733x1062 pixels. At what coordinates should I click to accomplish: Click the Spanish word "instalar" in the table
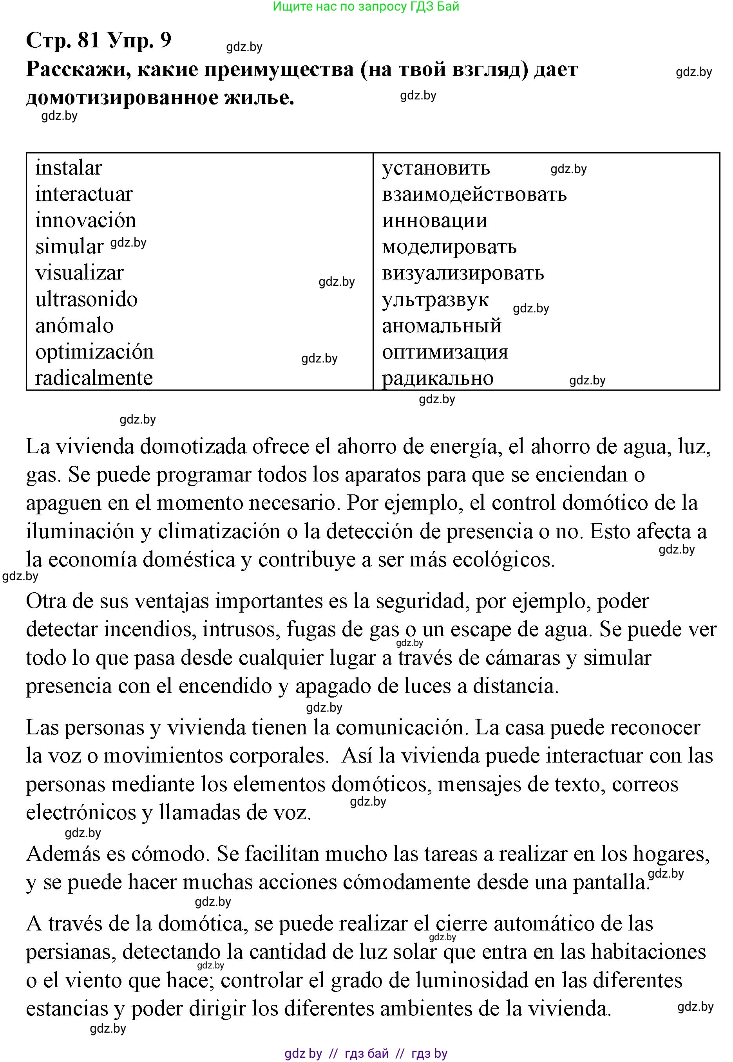click(x=69, y=168)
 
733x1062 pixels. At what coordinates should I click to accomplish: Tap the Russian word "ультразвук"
click(x=435, y=300)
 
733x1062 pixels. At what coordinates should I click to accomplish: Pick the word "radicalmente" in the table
click(x=94, y=378)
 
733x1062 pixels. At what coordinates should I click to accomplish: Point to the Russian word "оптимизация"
click(x=445, y=352)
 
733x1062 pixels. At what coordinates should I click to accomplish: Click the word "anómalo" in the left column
click(x=74, y=326)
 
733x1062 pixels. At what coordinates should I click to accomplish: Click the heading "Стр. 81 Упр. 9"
click(x=99, y=40)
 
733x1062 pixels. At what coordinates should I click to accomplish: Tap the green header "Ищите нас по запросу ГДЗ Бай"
click(x=366, y=6)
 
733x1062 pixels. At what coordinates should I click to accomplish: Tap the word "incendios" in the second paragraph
click(x=150, y=629)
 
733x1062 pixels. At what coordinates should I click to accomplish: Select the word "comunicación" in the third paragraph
click(x=399, y=727)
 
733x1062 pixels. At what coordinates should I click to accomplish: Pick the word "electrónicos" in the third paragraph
click(x=81, y=813)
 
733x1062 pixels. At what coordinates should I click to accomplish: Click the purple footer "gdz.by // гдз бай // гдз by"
click(x=366, y=1053)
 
